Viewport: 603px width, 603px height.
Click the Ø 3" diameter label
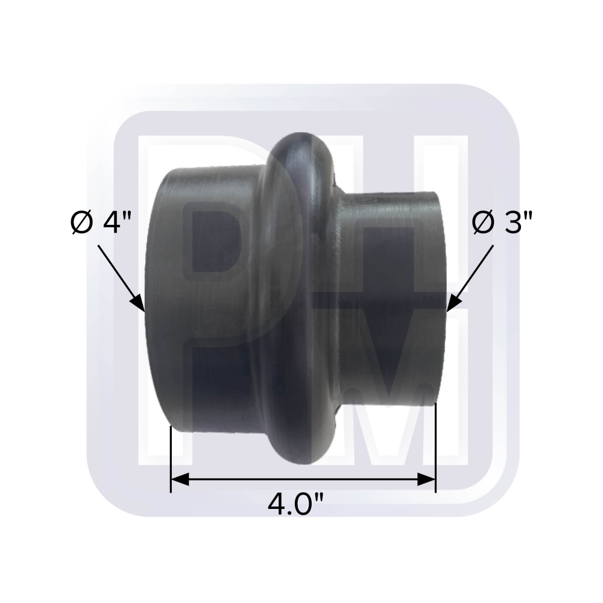click(503, 224)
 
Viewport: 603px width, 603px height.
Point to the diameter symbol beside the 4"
click(81, 224)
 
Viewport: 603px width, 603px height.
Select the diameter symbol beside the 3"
click(481, 224)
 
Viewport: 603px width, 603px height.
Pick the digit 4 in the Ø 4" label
click(113, 224)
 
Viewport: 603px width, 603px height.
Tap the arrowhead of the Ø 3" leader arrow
click(451, 305)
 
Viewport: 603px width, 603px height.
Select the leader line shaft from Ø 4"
click(118, 271)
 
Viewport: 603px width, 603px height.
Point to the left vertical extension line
click(171, 458)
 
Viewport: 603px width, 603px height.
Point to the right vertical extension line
click(435, 446)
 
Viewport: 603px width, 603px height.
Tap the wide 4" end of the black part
click(199, 301)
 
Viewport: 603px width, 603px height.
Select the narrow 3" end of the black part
click(392, 301)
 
